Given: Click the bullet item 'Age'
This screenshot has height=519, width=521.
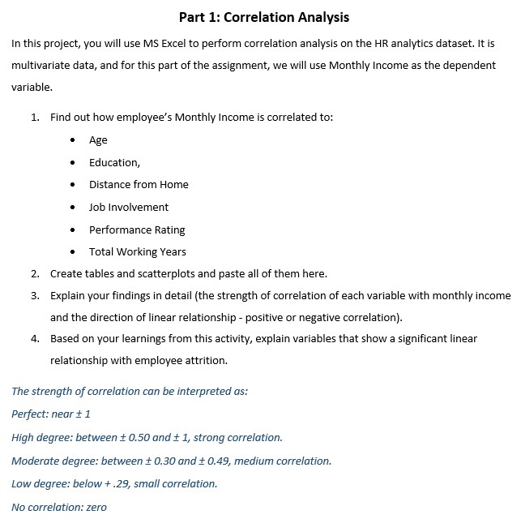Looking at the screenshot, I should click(x=98, y=140).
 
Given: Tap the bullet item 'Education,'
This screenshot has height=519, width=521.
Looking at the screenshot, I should click(x=114, y=162).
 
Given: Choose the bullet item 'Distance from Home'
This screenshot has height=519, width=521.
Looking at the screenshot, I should click(x=139, y=184).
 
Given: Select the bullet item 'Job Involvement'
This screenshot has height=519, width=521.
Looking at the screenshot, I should click(x=129, y=207).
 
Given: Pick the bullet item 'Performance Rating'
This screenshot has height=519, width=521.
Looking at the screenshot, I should click(x=137, y=229).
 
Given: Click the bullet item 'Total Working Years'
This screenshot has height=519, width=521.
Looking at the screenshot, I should click(x=138, y=251).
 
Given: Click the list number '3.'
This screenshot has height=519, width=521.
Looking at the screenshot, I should click(x=36, y=295).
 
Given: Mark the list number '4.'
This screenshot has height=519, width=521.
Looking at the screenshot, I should click(x=36, y=338).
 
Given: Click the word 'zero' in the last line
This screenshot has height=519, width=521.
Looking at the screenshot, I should click(x=95, y=508).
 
